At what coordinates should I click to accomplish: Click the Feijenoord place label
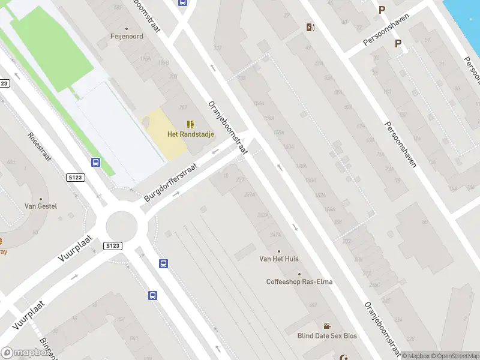[127, 37]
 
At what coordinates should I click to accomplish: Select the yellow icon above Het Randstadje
[190, 124]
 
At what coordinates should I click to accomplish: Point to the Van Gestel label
[41, 206]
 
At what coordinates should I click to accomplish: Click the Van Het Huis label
[279, 259]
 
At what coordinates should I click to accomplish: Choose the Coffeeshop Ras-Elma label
[299, 282]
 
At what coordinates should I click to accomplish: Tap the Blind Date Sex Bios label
[327, 336]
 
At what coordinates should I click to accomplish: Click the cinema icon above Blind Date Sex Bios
[327, 326]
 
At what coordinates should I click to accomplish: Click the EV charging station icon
[310, 27]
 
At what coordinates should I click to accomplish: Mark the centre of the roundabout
[122, 226]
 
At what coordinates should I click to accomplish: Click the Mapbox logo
[25, 353]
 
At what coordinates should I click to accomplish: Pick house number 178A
[301, 166]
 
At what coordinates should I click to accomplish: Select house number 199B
[163, 62]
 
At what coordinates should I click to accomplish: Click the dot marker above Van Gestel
[41, 199]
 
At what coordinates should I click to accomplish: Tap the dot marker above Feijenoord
[127, 28]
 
